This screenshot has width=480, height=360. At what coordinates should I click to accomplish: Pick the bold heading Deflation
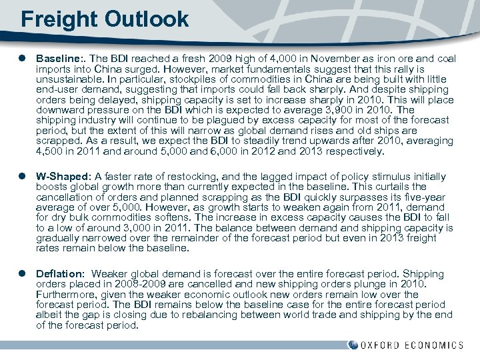click(59, 274)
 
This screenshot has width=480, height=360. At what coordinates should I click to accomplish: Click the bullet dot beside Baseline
click(23, 59)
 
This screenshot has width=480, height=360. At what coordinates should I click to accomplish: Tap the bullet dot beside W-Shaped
click(23, 177)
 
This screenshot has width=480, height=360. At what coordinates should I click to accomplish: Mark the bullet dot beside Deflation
click(23, 274)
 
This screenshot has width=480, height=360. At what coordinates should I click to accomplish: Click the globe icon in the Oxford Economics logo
click(353, 345)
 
